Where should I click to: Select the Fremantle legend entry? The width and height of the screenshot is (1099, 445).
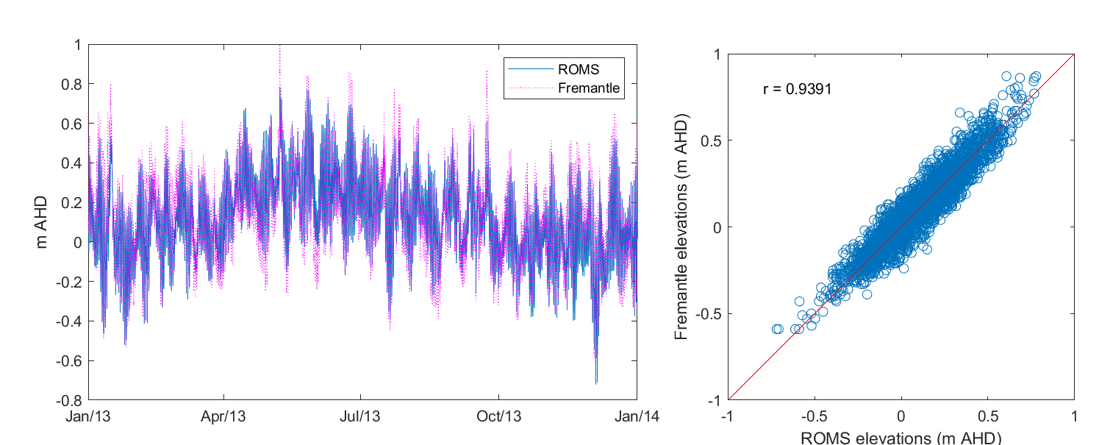[x=589, y=89]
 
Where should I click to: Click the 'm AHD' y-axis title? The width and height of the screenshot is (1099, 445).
[x=41, y=221]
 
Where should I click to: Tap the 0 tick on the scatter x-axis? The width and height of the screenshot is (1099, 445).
[x=901, y=416]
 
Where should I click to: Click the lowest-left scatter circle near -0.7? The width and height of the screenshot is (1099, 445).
[x=776, y=329]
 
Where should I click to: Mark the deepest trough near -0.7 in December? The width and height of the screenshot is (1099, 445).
[x=596, y=382]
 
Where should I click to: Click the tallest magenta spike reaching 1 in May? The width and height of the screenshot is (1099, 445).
[x=279, y=47]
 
